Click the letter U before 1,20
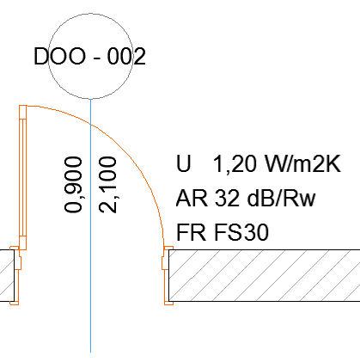[x=182, y=164]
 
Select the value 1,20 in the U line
[x=228, y=164]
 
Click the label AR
[x=187, y=199]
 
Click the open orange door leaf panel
[x=23, y=172]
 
